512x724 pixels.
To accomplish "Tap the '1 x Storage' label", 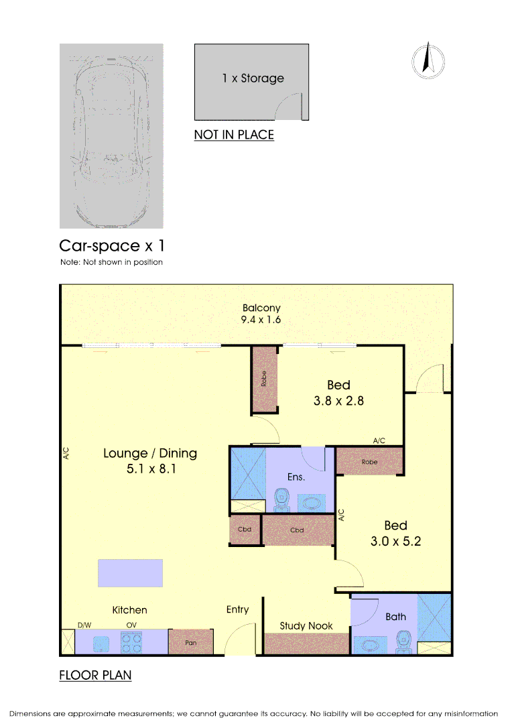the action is (x=253, y=78).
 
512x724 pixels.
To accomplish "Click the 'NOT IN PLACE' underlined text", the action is (x=234, y=135).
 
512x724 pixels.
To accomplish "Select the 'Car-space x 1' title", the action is (x=112, y=245).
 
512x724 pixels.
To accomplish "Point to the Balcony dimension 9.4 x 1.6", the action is (x=261, y=320).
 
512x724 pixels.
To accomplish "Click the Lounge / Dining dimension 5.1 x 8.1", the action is (x=151, y=469).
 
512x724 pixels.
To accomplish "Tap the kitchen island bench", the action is (x=130, y=573).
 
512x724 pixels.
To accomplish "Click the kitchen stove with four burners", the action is (x=131, y=642).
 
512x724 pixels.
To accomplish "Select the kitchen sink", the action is (x=101, y=644).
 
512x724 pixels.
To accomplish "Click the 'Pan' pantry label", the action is (x=191, y=642).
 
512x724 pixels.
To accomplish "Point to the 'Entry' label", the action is (x=237, y=609).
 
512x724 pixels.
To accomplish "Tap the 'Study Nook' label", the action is (x=306, y=625).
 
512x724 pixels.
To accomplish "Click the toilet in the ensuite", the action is (x=281, y=500).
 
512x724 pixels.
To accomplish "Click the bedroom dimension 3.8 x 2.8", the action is (x=338, y=401).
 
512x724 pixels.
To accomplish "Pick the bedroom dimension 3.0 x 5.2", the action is (x=395, y=541).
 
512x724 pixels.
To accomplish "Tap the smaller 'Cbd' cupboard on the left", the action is (x=245, y=530).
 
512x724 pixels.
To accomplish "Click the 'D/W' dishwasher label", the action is (x=84, y=625).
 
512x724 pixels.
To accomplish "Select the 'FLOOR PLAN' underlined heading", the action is (x=95, y=675).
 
